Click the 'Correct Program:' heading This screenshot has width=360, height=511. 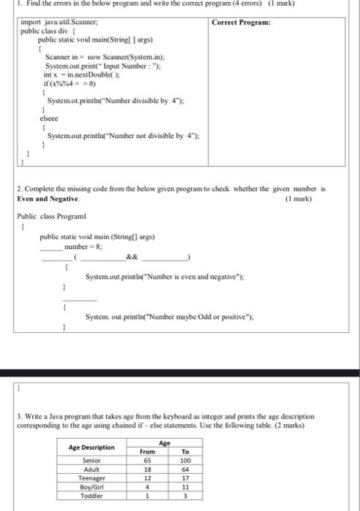pos(241,23)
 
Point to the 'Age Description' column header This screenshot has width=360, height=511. pos(91,447)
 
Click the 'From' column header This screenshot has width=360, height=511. pos(147,452)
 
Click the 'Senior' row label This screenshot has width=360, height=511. pos(91,461)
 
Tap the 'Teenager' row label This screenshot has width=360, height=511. pos(91,478)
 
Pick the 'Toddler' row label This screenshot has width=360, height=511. pos(91,495)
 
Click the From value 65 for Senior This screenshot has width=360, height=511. pos(147,461)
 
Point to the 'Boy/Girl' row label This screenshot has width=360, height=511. pos(91,487)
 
